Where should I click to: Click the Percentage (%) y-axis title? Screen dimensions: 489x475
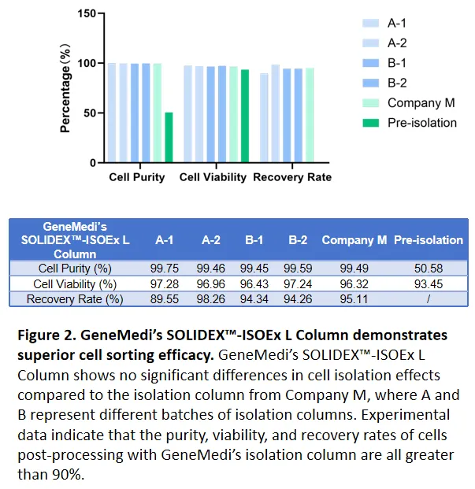(x=66, y=88)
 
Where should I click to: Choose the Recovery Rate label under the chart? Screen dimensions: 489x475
(x=291, y=177)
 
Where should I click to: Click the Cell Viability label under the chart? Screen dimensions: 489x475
(x=213, y=177)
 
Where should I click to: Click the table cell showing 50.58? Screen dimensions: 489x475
(x=428, y=269)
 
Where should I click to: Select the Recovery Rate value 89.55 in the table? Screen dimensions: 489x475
(x=165, y=299)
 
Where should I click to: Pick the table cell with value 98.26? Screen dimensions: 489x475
(x=210, y=299)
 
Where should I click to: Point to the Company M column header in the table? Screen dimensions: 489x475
(x=354, y=239)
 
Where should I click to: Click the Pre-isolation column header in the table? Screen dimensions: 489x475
(x=428, y=239)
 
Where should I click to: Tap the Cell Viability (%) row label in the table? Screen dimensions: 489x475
(x=75, y=283)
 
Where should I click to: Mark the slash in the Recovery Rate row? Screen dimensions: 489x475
(x=428, y=299)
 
